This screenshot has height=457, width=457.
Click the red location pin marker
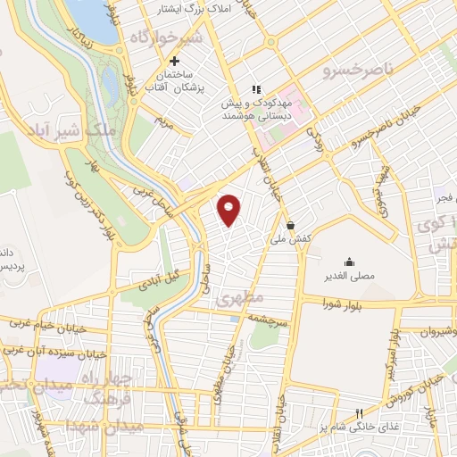click(x=230, y=210)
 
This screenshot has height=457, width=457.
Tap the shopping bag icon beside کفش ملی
click(x=291, y=225)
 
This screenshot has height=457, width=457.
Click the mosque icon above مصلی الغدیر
click(x=348, y=262)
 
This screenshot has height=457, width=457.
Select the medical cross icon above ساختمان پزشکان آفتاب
click(x=174, y=60)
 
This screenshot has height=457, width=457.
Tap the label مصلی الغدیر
click(x=349, y=277)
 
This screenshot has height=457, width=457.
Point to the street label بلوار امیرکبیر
click(x=391, y=353)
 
